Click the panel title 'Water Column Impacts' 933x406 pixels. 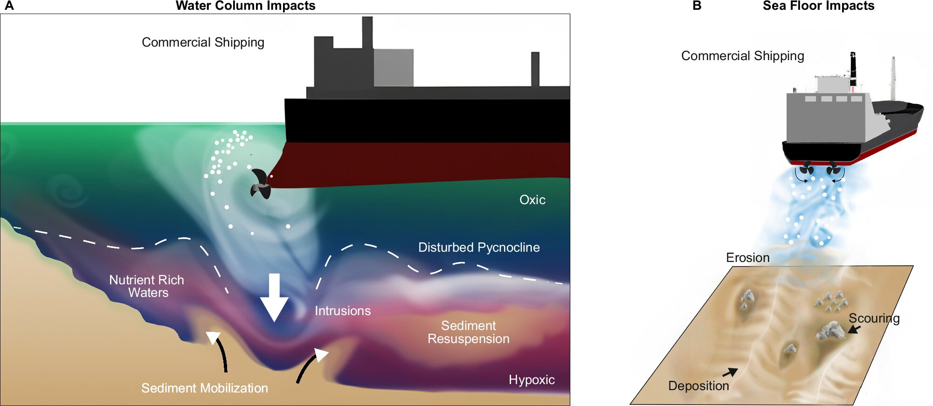coord(245,6)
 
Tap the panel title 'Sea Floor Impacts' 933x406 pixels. coord(818,6)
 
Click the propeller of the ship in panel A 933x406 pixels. coord(261,185)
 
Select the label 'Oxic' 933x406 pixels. coord(532,200)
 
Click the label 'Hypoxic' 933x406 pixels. coord(532,380)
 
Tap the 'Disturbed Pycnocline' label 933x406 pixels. coord(479,248)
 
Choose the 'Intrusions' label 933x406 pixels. coord(343,311)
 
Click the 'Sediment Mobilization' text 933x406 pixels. coord(205,388)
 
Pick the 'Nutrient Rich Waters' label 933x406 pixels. coord(147,286)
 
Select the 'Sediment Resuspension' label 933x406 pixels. coord(469,332)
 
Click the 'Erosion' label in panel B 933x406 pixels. coord(747,258)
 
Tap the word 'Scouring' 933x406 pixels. coord(874,318)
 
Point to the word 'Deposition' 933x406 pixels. coord(698,386)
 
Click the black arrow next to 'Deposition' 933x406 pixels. coord(730,372)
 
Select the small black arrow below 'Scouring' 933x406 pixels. coord(854,329)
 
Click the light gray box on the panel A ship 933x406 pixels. coord(394,68)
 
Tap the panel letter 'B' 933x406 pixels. coord(697,6)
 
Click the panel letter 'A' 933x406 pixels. coord(9,6)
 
